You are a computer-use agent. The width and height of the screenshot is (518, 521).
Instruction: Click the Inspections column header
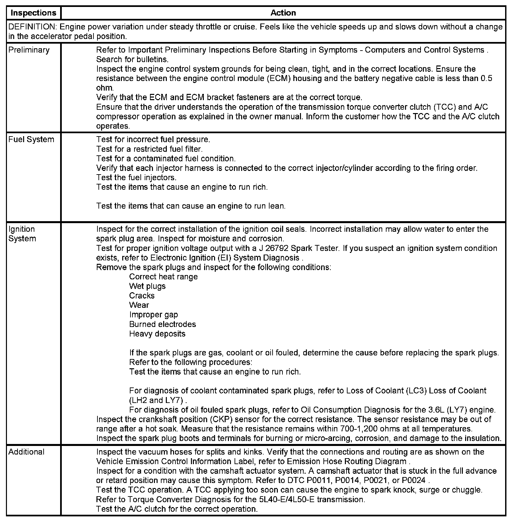[x=33, y=13]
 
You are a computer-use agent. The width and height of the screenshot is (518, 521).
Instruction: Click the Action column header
[x=283, y=13]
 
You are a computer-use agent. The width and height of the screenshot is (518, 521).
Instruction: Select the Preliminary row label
[x=29, y=50]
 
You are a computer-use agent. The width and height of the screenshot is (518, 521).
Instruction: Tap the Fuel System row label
[x=31, y=140]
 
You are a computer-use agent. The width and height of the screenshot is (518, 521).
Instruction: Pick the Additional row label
[x=26, y=452]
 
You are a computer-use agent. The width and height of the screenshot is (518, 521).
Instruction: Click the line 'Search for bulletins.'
[x=132, y=60]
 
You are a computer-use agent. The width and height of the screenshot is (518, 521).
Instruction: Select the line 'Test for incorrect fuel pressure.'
[x=153, y=140]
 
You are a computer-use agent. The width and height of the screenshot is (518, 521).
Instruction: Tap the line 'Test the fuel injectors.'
[x=136, y=178]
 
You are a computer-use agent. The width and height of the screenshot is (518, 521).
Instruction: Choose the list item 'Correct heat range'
[x=164, y=277]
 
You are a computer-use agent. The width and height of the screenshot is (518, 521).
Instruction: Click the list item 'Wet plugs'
[x=147, y=286]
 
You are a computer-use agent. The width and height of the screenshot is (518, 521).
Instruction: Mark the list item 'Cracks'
[x=142, y=296]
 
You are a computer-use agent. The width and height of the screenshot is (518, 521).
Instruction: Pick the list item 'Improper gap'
[x=154, y=315]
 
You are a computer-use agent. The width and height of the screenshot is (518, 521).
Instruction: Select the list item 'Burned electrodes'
[x=163, y=324]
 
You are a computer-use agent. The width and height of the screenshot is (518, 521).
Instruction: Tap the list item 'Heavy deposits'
[x=157, y=334]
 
